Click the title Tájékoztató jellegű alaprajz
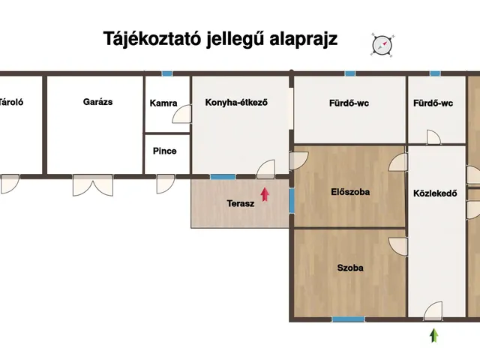[x=220, y=40]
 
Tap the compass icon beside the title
[x=382, y=44]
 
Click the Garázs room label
[x=97, y=102]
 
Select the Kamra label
[x=163, y=103]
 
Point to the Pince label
[x=164, y=151]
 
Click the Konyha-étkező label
[x=236, y=103]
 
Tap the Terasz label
[x=241, y=203]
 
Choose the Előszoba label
[x=350, y=192]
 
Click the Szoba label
[x=350, y=267]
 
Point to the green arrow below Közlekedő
[x=433, y=335]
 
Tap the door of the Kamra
[x=182, y=115]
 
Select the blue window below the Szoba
[x=348, y=320]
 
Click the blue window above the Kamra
[x=166, y=73]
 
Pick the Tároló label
[x=10, y=102]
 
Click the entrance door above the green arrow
[x=433, y=311]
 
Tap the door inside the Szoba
[x=397, y=246]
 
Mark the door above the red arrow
[x=266, y=170]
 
